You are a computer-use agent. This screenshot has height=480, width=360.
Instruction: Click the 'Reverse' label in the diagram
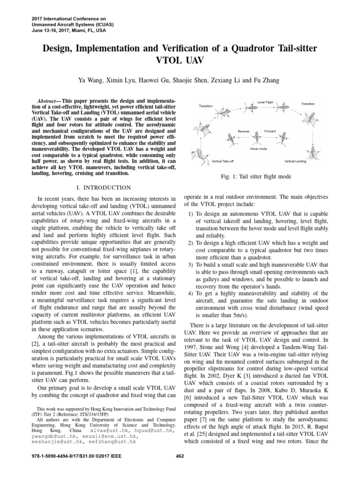243,131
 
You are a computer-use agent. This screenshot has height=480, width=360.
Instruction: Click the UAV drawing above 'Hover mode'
256,138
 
